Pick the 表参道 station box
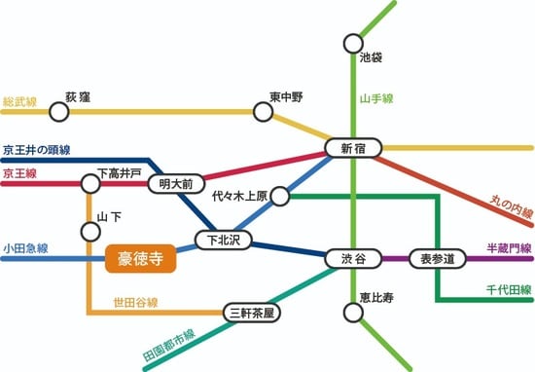pos(437,259)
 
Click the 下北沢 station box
pos(223,238)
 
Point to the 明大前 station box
pos(176,182)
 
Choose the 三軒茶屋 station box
pos(251,313)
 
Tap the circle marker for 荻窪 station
pos(58,112)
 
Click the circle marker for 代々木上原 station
pos(280,197)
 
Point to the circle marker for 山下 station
pos(91,232)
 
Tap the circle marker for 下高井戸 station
pos(90,182)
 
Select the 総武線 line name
pos(19,100)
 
